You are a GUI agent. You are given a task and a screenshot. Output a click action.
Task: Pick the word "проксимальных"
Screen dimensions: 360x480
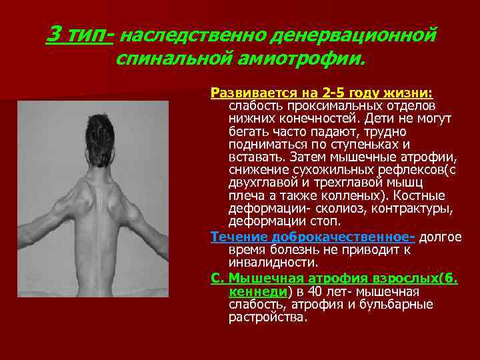pyautogui.click(x=321, y=106)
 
